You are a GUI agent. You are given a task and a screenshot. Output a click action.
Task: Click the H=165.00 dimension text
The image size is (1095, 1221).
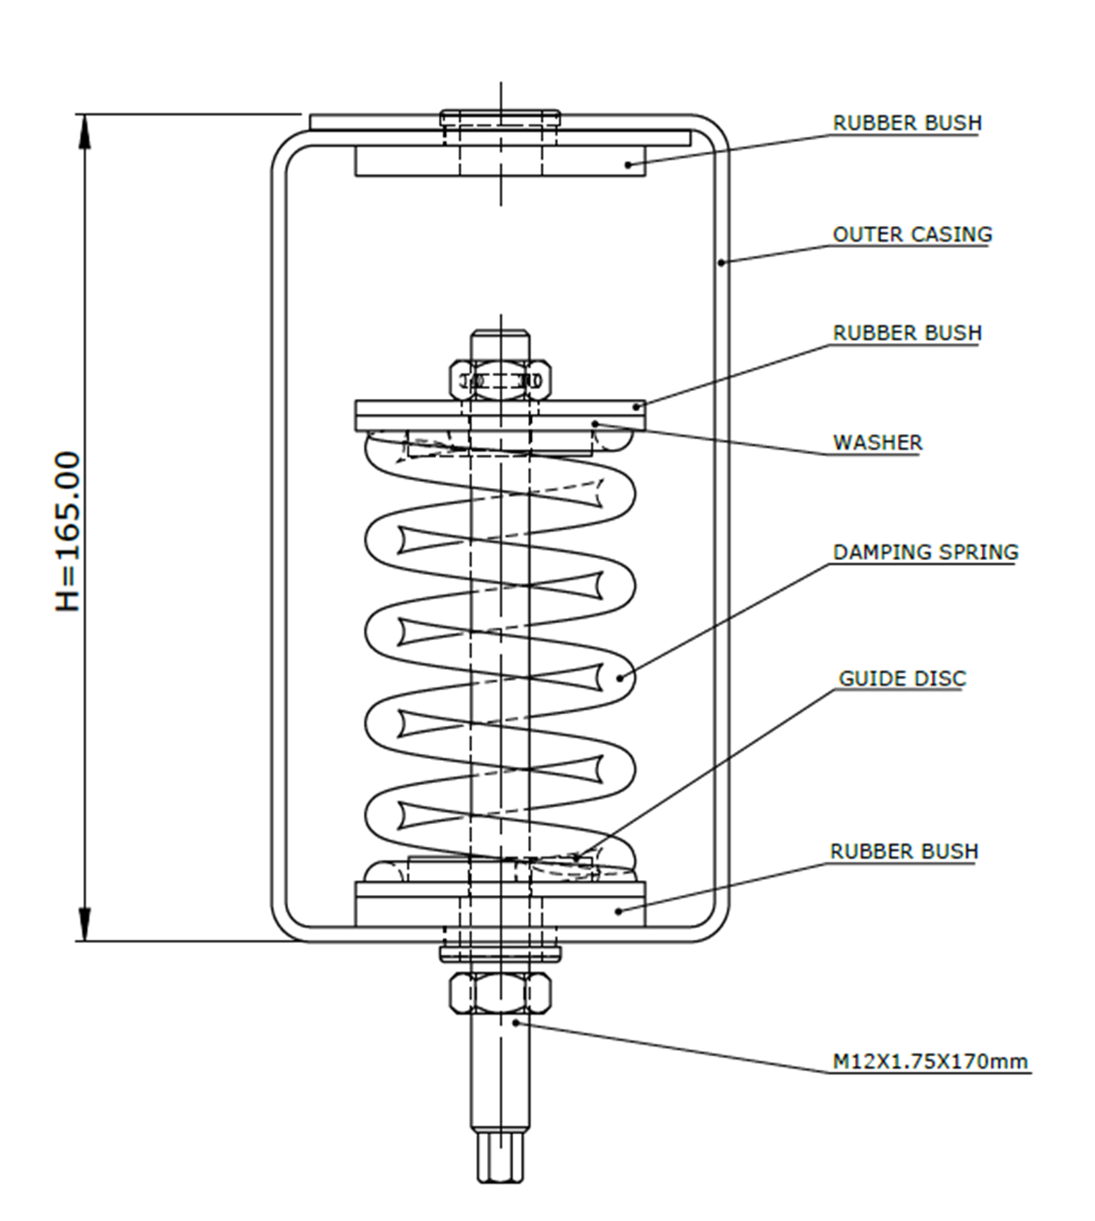[x=67, y=531]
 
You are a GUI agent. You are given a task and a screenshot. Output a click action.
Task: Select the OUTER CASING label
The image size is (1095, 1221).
[x=912, y=234]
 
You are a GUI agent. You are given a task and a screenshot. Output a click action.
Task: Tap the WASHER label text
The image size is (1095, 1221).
[x=877, y=443]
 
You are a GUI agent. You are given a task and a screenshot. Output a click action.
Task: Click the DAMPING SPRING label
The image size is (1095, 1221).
[x=925, y=552]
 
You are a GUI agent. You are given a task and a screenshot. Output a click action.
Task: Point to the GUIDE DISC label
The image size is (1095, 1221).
[x=901, y=678]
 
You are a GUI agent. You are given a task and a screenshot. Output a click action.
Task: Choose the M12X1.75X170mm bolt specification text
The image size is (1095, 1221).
[x=929, y=1061]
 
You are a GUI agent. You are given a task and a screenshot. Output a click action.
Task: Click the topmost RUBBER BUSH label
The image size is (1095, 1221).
[x=907, y=123]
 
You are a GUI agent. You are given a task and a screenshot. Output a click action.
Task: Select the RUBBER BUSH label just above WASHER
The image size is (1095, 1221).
[x=907, y=333]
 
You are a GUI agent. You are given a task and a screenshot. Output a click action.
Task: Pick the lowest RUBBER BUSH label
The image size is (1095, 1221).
[x=903, y=851]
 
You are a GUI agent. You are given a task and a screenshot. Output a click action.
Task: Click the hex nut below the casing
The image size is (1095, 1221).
[x=500, y=993]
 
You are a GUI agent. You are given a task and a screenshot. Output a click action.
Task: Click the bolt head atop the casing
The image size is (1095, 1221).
[x=500, y=117]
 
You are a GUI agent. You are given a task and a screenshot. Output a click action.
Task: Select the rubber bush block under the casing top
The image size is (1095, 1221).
[x=500, y=161]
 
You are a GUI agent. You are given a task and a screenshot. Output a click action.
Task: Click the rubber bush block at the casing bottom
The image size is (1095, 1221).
[x=500, y=904]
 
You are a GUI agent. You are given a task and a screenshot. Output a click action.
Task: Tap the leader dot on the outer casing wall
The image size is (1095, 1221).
[x=720, y=261]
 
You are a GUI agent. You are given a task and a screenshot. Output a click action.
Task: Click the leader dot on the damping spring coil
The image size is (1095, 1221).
[x=620, y=678]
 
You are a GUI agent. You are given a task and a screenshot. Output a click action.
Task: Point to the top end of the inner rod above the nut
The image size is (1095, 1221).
[x=500, y=333]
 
